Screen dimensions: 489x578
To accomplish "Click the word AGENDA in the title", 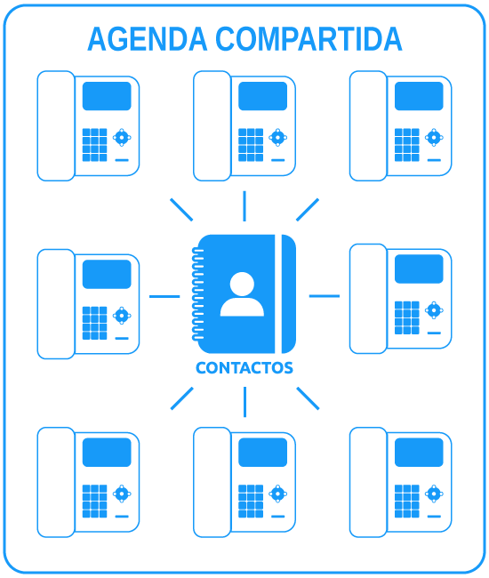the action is [148, 39].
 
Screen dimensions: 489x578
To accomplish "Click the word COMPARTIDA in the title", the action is [309, 39].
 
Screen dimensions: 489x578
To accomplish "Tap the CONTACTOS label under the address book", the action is [244, 368].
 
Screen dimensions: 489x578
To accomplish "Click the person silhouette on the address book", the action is [242, 294].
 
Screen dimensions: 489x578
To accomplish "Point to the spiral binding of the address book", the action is [197, 293].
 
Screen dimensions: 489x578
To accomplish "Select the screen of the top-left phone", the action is [107, 96].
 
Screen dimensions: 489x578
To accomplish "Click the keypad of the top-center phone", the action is [251, 145].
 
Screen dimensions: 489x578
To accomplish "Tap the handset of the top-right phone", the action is [368, 126].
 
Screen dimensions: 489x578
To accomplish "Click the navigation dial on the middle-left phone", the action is [122, 316].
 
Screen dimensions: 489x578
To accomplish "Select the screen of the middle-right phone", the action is [419, 269].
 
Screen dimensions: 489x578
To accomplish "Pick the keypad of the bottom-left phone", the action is [95, 502].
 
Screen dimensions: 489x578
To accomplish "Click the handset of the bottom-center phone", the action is [212, 482].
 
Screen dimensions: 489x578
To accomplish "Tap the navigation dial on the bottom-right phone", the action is [434, 494].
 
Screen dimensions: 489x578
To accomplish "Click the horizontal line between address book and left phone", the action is [164, 296].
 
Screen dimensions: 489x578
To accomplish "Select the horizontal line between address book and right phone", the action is [325, 296].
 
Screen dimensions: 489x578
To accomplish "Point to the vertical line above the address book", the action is [244, 206].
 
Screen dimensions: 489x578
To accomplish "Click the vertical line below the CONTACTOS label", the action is [244, 402].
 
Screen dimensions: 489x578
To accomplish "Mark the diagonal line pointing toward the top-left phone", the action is [181, 210].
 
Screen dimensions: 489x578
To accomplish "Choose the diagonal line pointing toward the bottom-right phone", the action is [308, 398].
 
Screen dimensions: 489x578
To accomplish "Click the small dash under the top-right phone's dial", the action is [434, 160].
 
